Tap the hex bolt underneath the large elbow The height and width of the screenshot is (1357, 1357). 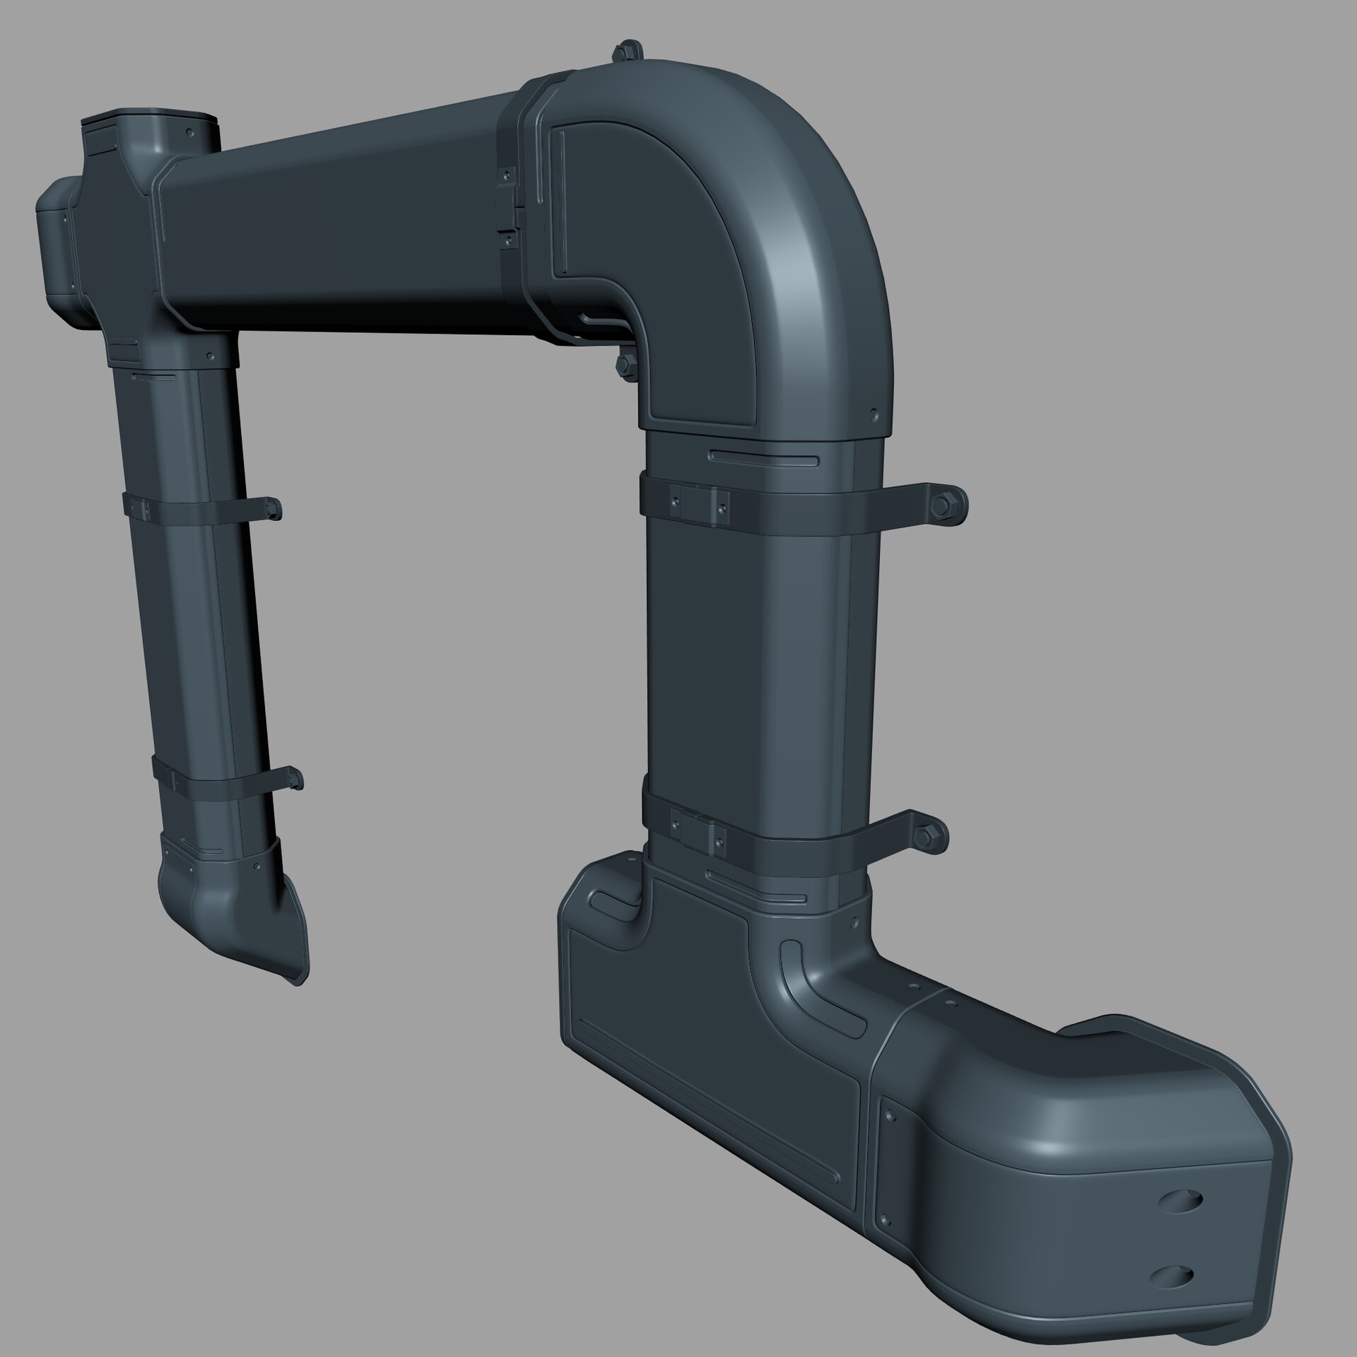624,364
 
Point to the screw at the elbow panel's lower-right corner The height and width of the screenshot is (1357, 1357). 874,414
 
